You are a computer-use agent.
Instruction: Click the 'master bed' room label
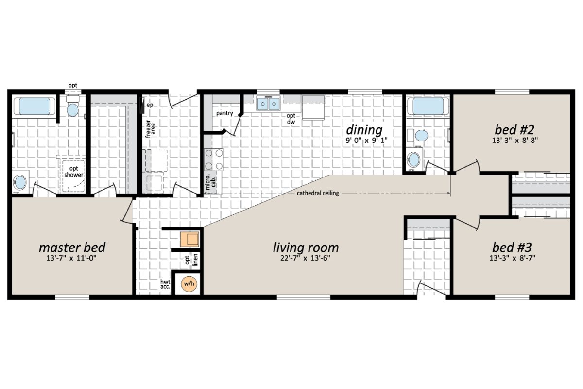click(72, 247)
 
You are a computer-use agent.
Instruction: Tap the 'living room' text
click(306, 247)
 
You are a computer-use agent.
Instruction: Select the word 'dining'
click(364, 130)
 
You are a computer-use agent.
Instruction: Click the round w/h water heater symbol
click(189, 283)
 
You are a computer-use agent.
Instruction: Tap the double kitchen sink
click(268, 104)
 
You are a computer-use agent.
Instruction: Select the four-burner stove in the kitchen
click(214, 159)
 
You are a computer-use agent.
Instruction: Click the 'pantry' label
click(225, 113)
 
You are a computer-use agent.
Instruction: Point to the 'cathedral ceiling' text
click(318, 193)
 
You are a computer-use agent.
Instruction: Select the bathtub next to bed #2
click(425, 106)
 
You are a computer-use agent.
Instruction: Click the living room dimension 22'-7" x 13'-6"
click(306, 258)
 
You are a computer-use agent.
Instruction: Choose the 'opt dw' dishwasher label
click(291, 119)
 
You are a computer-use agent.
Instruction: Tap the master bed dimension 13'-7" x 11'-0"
click(72, 258)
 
